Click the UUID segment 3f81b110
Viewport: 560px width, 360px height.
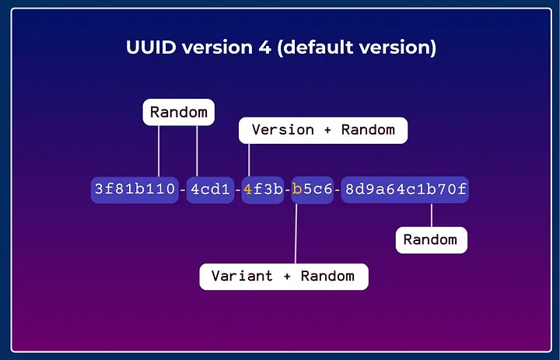(x=135, y=190)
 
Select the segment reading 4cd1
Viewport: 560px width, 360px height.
(x=210, y=190)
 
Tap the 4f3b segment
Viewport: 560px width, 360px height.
(x=262, y=190)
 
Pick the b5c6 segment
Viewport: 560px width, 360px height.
(x=313, y=190)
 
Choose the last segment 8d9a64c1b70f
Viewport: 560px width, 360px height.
(x=405, y=190)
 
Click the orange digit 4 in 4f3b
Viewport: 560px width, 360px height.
(x=248, y=190)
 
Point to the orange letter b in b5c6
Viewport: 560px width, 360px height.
(x=297, y=190)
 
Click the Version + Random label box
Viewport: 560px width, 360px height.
(x=323, y=130)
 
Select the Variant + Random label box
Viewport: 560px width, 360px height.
(x=284, y=276)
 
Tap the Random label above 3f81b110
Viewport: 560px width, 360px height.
(x=179, y=112)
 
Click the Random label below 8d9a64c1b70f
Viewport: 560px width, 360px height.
(x=432, y=239)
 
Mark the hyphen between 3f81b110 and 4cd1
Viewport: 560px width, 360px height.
(x=183, y=190)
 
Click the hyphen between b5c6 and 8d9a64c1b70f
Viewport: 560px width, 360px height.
(x=338, y=190)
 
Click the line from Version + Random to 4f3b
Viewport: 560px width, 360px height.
(x=249, y=159)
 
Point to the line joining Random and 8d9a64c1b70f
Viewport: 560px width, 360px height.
(x=432, y=215)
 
